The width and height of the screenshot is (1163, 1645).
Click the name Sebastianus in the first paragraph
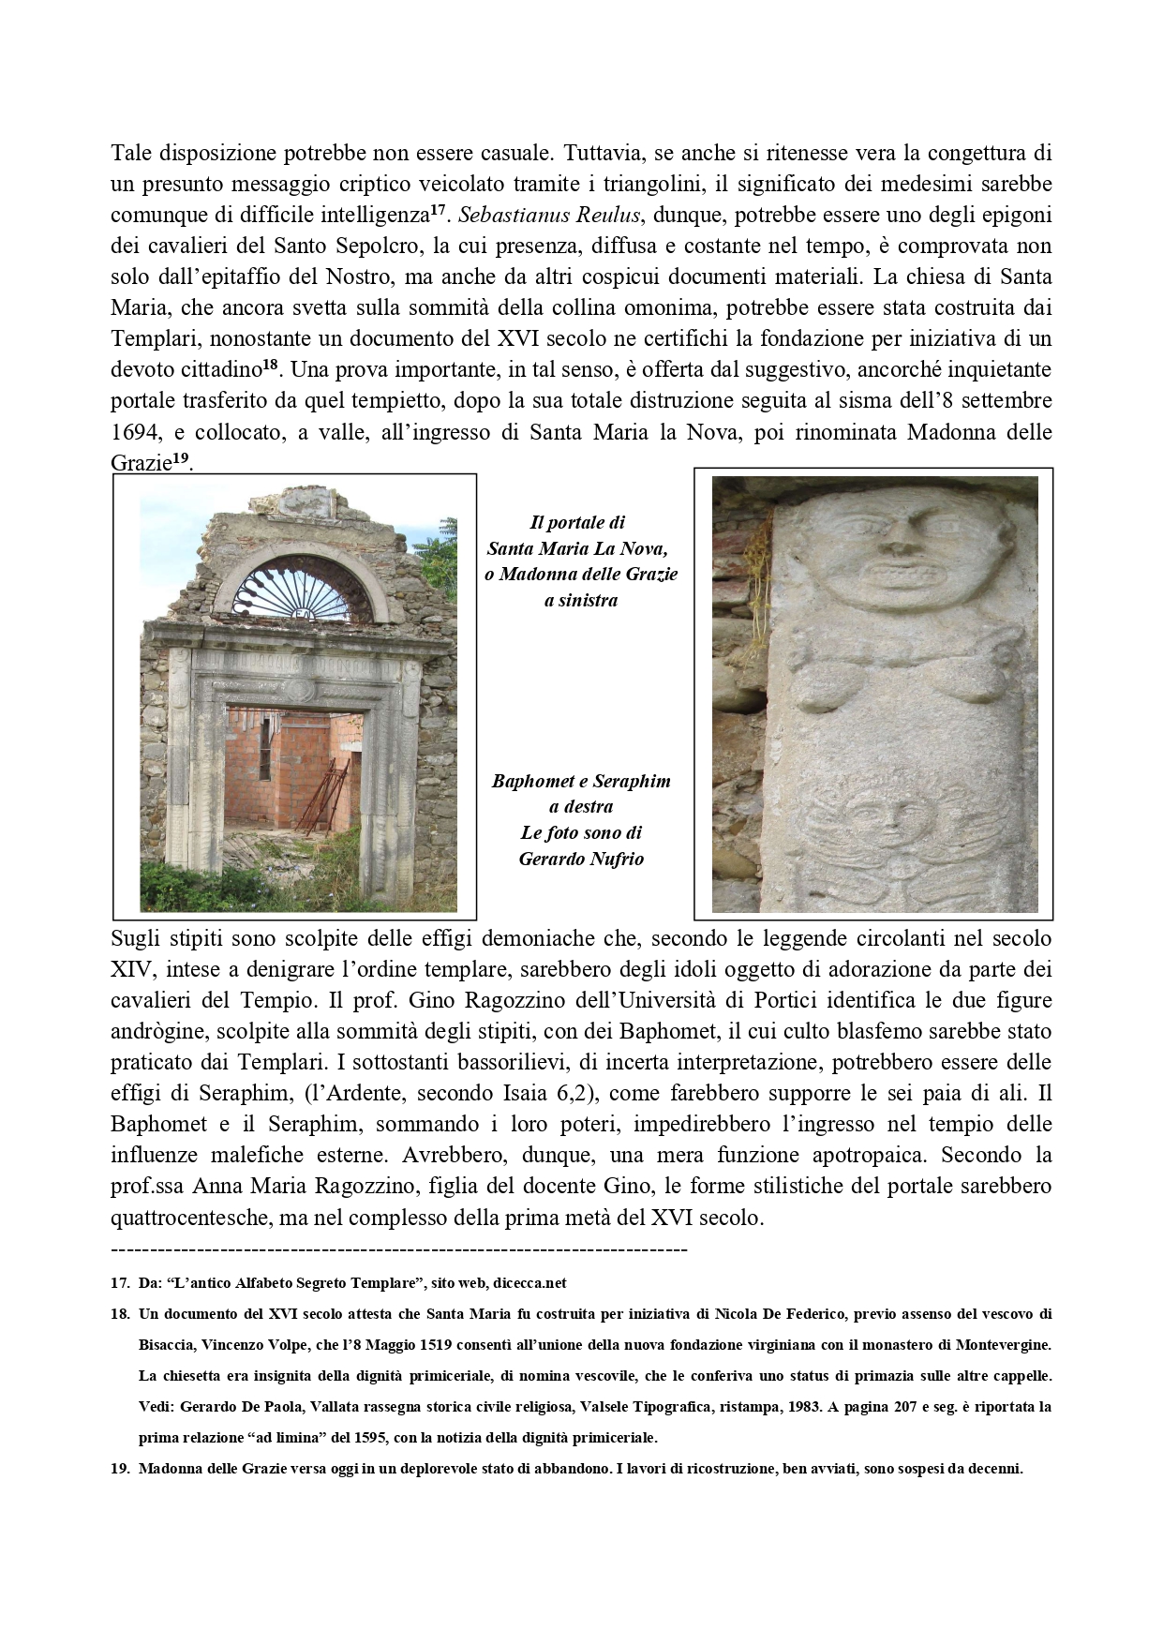pos(519,215)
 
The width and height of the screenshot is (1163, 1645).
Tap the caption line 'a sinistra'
pos(581,601)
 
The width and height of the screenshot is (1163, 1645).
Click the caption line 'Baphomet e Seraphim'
pos(581,781)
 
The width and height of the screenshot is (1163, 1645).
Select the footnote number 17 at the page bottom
pos(120,1282)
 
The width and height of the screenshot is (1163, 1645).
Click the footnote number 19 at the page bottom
pos(120,1469)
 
